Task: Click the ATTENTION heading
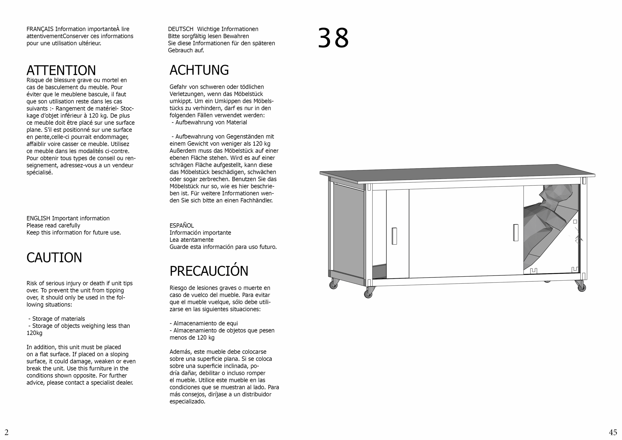coord(61,70)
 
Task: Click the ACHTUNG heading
coord(199,70)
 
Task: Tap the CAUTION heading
coord(54,257)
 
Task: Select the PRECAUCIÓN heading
coord(209,271)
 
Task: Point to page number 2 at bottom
coord(7,432)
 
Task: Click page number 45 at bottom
coord(613,432)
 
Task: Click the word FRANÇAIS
coord(40,29)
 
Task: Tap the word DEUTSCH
coord(181,29)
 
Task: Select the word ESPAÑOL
coord(181,226)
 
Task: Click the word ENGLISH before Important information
coord(38,218)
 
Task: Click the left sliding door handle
coord(394,236)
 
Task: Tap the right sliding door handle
coord(516,233)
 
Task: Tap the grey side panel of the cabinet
coord(348,230)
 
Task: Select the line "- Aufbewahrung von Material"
coord(209,122)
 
